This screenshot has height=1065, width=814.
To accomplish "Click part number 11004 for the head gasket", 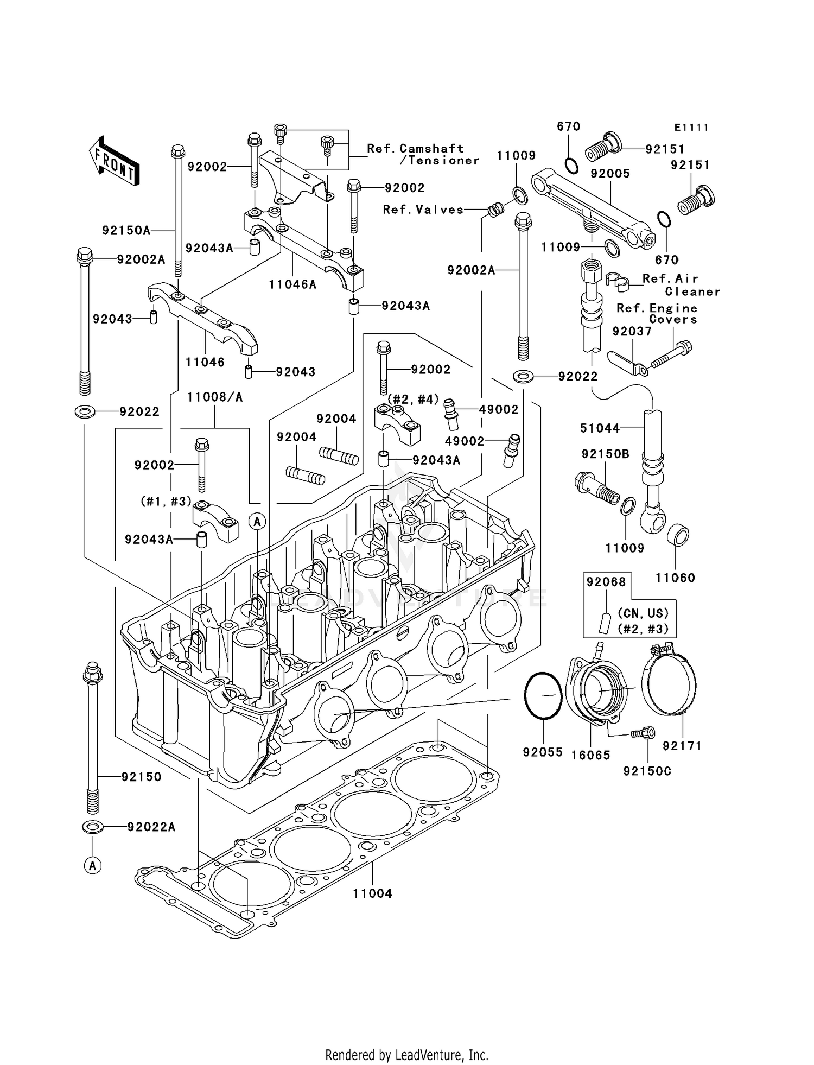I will tap(372, 893).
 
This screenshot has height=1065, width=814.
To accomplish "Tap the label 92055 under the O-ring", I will tap(543, 752).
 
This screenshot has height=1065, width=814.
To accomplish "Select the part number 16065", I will tap(591, 755).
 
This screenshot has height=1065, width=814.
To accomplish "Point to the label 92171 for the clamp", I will tap(682, 746).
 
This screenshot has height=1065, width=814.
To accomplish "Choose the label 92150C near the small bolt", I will tap(647, 771).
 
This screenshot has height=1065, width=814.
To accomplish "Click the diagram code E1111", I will tap(691, 128).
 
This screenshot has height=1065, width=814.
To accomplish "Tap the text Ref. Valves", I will tap(423, 210).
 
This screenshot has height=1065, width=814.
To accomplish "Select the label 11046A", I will tap(292, 284).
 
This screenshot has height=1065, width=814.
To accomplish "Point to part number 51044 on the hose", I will tap(600, 428).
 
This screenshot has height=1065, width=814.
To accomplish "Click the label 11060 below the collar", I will tap(675, 578).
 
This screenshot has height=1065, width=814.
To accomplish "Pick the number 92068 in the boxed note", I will tap(606, 582).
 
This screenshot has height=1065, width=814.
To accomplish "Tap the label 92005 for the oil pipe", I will tap(610, 173).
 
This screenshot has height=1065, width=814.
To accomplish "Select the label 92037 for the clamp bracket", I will tap(632, 331).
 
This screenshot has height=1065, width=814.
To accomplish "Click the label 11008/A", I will tap(215, 397).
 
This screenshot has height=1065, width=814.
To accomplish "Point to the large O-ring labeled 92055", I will tap(543, 696).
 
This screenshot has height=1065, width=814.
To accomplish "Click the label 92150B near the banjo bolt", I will tap(605, 454).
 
